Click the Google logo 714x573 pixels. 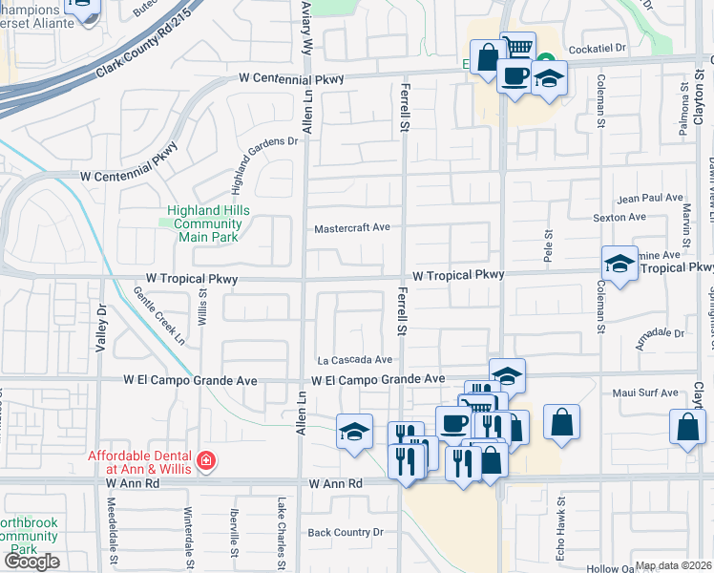(x=31, y=562)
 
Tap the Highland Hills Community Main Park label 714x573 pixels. (x=205, y=218)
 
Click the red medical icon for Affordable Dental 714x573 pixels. (x=205, y=462)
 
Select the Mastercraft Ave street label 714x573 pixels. (x=353, y=228)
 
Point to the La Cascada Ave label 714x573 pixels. (x=355, y=360)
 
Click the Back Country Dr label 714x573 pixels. (x=345, y=532)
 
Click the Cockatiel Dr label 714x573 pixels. (x=596, y=47)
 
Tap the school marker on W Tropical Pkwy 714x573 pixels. (x=619, y=264)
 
